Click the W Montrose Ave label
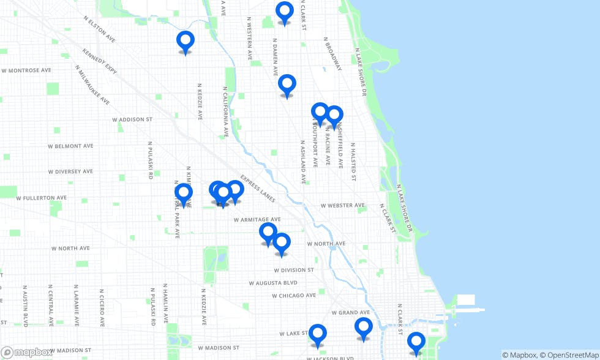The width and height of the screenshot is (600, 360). click(26, 71)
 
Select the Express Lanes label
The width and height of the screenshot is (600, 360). click(258, 187)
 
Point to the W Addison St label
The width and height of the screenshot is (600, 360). click(132, 119)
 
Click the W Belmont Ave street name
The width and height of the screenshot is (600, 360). click(70, 146)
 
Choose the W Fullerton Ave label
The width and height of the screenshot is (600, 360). click(41, 198)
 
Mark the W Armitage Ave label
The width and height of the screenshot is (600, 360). click(257, 219)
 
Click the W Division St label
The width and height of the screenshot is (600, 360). click(294, 270)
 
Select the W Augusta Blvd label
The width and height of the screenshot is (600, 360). click(273, 283)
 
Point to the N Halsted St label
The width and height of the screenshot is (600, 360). click(353, 162)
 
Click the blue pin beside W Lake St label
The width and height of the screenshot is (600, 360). click(317, 334)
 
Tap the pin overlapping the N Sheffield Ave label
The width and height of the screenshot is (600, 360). click(334, 115)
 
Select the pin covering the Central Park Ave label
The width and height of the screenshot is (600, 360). click(184, 193)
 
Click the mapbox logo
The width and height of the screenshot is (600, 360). click(28, 353)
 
